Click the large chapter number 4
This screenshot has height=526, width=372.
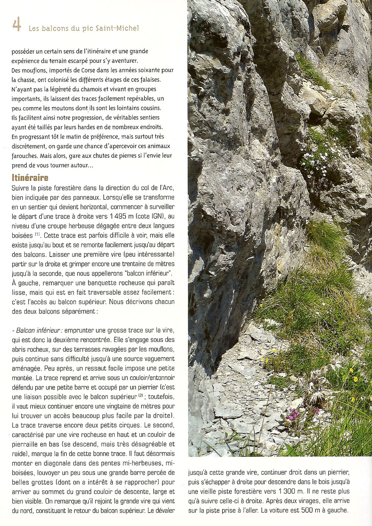tap(16, 25)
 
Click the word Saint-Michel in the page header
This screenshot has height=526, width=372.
tap(119, 28)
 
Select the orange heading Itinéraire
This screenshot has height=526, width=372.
tap(30, 177)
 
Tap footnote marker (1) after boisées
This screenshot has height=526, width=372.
tap(38, 234)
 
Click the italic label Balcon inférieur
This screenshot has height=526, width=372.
tap(39, 330)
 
